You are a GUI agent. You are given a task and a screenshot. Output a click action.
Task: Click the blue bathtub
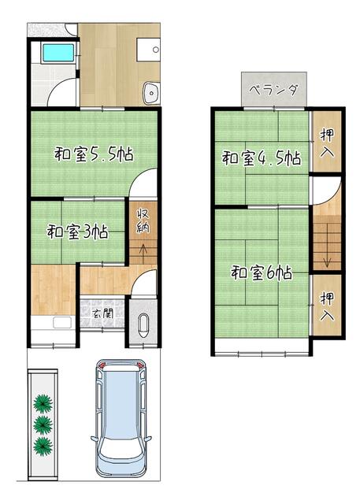pyautogui.click(x=58, y=53)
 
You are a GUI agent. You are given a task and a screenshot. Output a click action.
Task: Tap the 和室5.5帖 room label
pyautogui.click(x=94, y=155)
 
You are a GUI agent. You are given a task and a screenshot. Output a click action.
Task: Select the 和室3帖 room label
pyautogui.click(x=77, y=232)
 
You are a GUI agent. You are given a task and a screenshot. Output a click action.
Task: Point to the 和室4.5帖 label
pyautogui.click(x=262, y=157)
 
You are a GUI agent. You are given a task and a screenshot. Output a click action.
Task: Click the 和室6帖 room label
pyautogui.click(x=262, y=272)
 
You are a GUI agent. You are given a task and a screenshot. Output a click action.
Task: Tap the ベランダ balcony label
pyautogui.click(x=274, y=90)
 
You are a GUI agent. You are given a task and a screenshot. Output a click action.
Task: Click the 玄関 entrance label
pyautogui.click(x=102, y=314)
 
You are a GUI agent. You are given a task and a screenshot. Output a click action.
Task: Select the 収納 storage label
pyautogui.click(x=143, y=220)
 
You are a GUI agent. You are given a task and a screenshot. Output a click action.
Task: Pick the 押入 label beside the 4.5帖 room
pyautogui.click(x=327, y=143)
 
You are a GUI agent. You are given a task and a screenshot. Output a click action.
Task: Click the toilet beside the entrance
pyautogui.click(x=143, y=325)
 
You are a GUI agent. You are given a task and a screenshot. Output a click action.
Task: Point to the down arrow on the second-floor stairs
pyautogui.click(x=327, y=258)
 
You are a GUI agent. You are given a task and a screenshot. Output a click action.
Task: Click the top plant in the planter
pyautogui.click(x=43, y=404)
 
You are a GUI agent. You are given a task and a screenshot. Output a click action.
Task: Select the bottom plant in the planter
pyautogui.click(x=43, y=446)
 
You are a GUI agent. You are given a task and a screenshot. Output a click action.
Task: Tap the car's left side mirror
pyautogui.click(x=94, y=438)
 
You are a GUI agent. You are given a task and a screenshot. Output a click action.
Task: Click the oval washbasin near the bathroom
pyautogui.click(x=151, y=93)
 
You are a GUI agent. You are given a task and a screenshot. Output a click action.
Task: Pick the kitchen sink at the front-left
pyautogui.click(x=62, y=322)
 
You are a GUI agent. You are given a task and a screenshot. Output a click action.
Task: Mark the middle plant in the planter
pyautogui.click(x=43, y=425)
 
